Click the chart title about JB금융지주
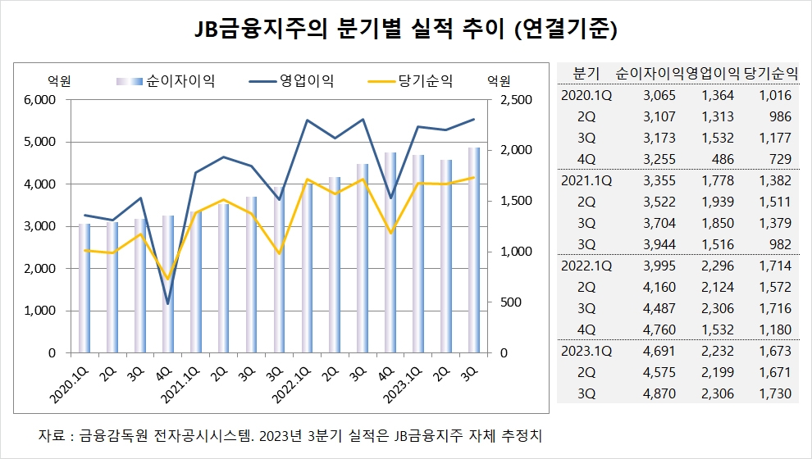405,30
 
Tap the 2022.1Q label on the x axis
290,378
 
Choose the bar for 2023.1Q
418,254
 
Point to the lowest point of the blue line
168,304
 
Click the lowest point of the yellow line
168,279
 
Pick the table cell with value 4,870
659,394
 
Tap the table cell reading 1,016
774,95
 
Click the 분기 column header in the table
588,73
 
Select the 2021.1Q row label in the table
586,180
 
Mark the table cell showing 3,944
659,244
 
